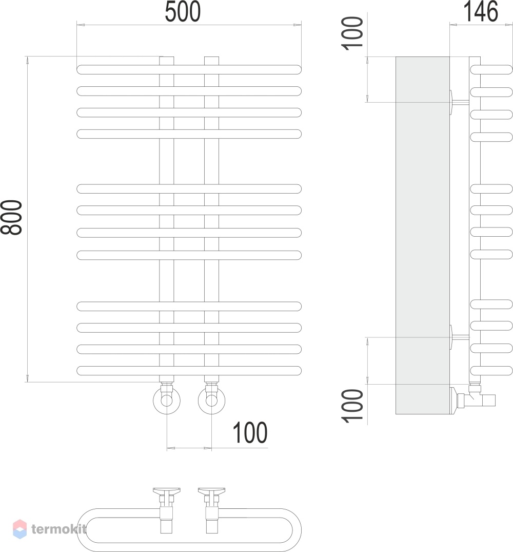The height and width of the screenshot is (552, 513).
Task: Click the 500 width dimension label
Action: [183, 12]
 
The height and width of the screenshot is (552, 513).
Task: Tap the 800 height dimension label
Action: [11, 217]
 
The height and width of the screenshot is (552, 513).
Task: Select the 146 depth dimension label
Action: [481, 11]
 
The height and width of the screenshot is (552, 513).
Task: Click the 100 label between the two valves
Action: [250, 433]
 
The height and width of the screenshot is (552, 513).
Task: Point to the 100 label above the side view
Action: [352, 33]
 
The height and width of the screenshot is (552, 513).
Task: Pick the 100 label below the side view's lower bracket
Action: [352, 406]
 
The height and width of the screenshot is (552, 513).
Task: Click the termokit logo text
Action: [58, 529]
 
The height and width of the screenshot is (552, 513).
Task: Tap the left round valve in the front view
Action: [167, 401]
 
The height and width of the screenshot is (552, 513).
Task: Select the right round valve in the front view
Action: [212, 401]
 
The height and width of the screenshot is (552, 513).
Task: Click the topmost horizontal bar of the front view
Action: [189, 69]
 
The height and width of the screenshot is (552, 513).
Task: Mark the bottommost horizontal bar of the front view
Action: [189, 371]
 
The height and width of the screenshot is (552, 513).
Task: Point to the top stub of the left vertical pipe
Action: [167, 61]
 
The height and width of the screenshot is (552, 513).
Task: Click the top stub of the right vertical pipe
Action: [212, 61]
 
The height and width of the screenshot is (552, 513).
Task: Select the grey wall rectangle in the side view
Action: [423, 235]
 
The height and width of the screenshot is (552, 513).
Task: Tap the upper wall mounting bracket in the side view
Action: [459, 103]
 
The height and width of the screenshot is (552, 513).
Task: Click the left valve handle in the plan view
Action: [167, 491]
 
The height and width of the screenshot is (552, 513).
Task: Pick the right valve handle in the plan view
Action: [212, 491]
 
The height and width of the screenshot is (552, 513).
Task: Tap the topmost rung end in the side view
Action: [491, 69]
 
